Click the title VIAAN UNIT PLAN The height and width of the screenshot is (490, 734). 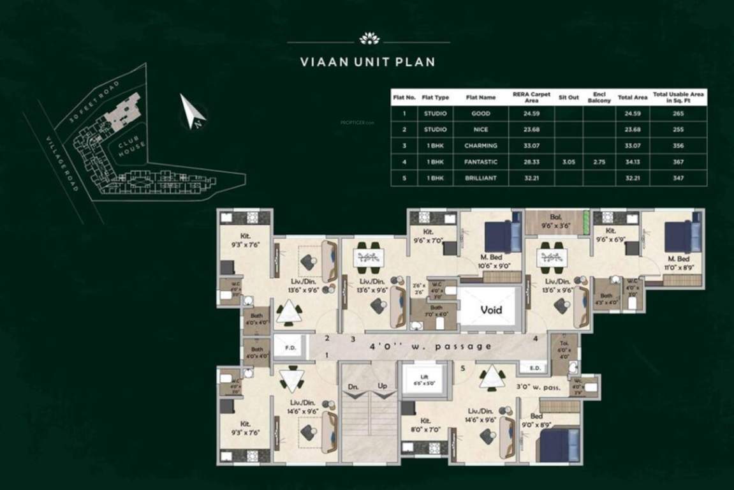(x=368, y=63)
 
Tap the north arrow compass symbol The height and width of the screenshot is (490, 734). (x=192, y=111)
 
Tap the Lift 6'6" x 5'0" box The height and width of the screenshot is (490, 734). (x=424, y=380)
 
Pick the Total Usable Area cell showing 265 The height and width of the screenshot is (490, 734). (x=678, y=114)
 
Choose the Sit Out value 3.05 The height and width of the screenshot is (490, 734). (x=569, y=162)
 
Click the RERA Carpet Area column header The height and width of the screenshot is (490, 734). (x=531, y=97)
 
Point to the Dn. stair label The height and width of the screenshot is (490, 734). (x=353, y=387)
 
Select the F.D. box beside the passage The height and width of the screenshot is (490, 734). (x=289, y=348)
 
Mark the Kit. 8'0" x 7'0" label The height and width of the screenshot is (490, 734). (x=425, y=425)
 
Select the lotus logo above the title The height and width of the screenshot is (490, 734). (x=369, y=39)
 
